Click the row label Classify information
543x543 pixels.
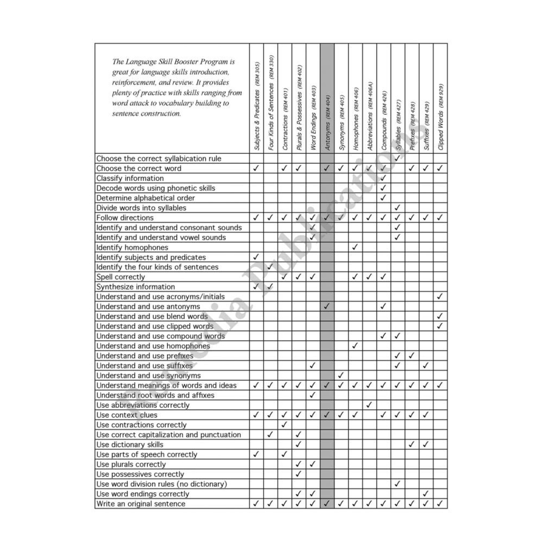coord(130,178)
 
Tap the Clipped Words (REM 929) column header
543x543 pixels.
coord(440,117)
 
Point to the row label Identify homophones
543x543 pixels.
coord(132,248)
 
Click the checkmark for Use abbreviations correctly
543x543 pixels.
coord(369,405)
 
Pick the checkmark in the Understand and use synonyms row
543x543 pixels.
coord(341,375)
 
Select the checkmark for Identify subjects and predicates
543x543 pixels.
coord(256,257)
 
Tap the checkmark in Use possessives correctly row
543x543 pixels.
coord(298,474)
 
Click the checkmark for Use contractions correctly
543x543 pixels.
coord(284,424)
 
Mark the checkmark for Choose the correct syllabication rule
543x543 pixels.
coord(397,158)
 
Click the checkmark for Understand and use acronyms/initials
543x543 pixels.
coord(440,296)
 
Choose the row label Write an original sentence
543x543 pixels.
coord(141,504)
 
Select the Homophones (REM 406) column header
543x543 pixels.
coord(356,119)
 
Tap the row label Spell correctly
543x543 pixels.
coord(121,277)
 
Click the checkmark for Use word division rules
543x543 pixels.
coord(397,484)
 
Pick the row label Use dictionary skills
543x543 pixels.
coord(130,445)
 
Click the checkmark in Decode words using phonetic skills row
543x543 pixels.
coord(383,188)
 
